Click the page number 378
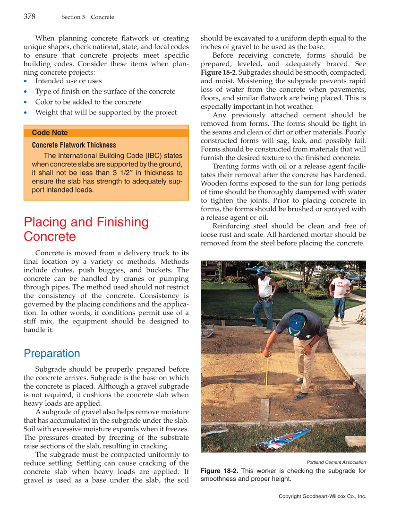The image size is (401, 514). point(29,17)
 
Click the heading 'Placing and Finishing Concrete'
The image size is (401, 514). point(86,229)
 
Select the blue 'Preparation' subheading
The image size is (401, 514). point(51,353)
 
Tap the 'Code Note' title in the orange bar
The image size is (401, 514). point(50,133)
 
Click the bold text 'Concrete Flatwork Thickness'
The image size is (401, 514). point(74,145)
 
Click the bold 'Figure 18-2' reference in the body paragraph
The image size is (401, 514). point(218,73)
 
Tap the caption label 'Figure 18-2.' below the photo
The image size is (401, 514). point(220,471)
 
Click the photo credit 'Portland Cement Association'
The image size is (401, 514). point(336,462)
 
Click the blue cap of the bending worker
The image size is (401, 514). point(297,324)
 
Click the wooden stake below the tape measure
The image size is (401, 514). point(265,410)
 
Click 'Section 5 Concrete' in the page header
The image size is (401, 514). point(87,17)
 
